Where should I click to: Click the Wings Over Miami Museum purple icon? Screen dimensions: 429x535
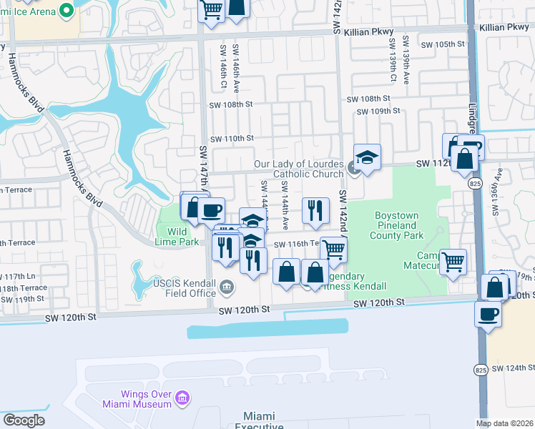point(182,397)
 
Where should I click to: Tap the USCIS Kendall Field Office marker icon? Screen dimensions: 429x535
point(227,287)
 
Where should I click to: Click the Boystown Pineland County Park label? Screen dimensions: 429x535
point(400,225)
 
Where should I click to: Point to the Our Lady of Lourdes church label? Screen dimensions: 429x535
point(299,169)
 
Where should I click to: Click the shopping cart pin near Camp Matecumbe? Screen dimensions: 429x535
point(453,262)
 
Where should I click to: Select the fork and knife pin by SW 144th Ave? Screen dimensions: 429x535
point(315,210)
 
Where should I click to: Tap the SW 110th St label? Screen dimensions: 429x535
point(231,138)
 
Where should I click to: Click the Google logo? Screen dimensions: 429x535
point(24,420)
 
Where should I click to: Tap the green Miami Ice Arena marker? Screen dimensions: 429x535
point(67,9)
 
